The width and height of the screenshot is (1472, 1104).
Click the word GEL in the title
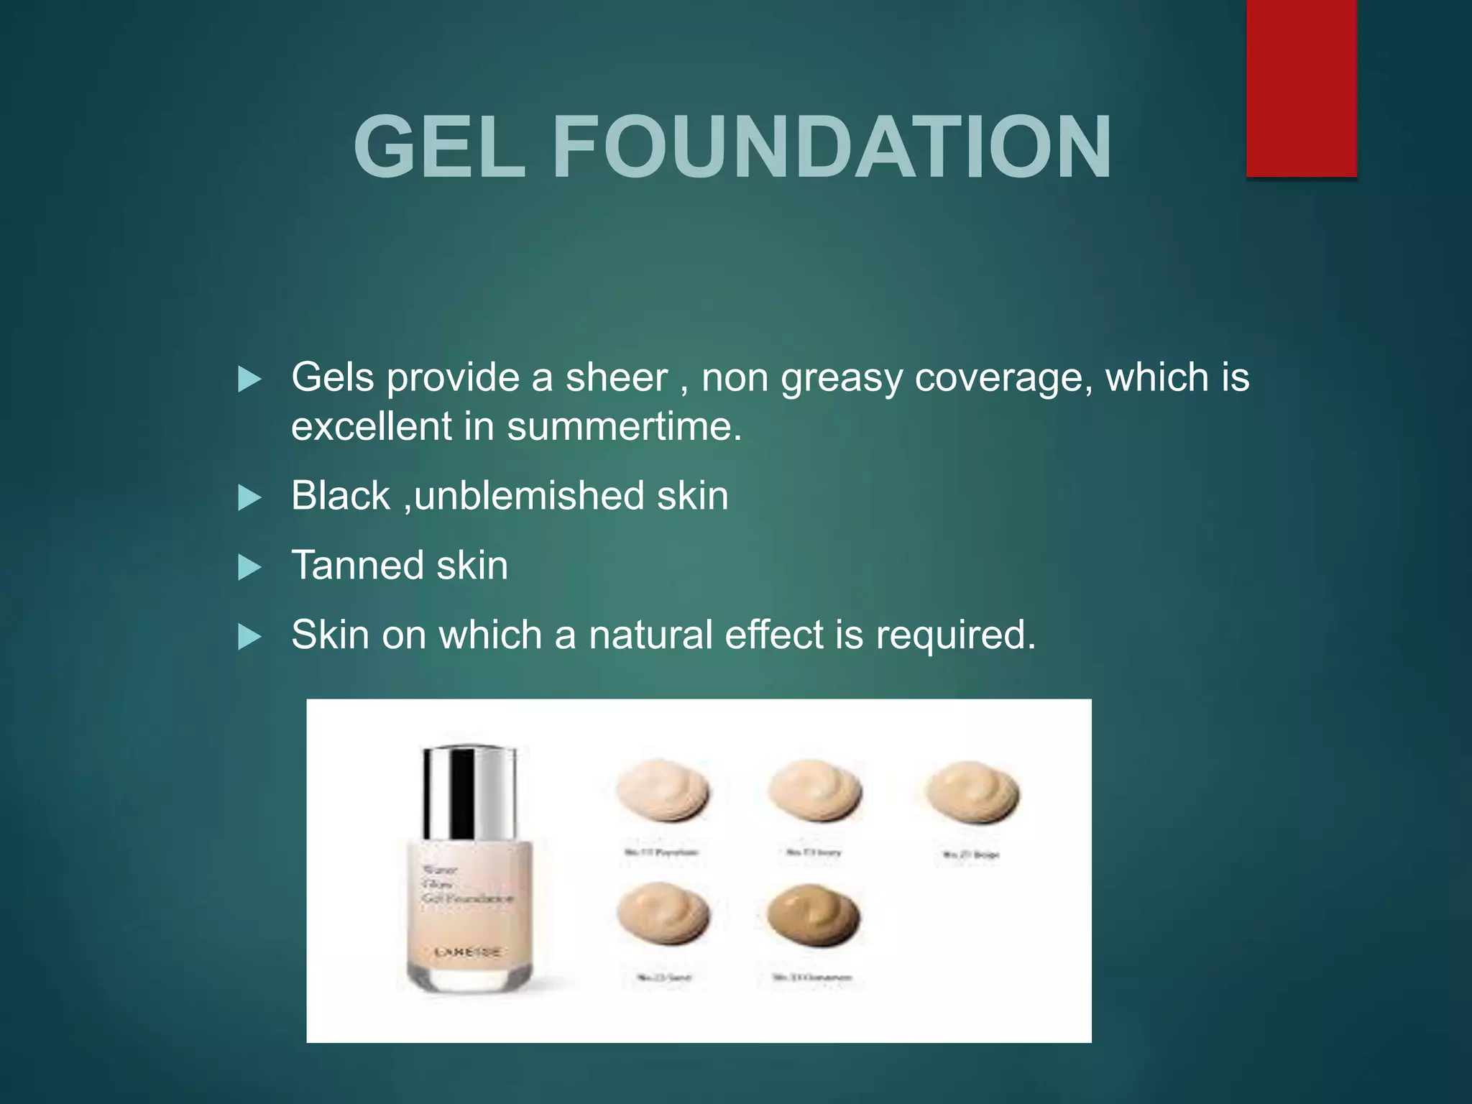pos(439,147)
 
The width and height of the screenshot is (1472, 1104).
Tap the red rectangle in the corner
pos(1301,88)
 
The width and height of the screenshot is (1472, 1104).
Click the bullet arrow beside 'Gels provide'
pos(249,379)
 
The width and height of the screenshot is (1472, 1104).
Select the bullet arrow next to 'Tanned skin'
pos(249,567)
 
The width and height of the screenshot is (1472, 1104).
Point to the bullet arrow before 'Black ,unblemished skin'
pos(249,497)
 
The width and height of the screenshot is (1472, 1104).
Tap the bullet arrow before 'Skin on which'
pos(249,637)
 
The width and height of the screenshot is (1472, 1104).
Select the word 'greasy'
pos(841,379)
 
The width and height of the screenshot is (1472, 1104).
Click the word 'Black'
pos(340,496)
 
